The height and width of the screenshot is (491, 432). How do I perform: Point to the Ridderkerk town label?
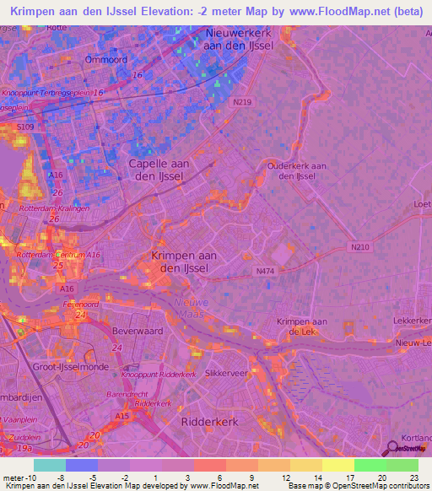coord(209,419)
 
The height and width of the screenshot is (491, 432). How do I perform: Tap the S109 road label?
coord(28,127)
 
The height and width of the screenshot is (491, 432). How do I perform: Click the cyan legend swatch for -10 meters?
coord(49,465)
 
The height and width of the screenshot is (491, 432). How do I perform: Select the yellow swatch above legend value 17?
coord(338,465)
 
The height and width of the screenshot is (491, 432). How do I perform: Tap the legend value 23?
coord(413,478)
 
